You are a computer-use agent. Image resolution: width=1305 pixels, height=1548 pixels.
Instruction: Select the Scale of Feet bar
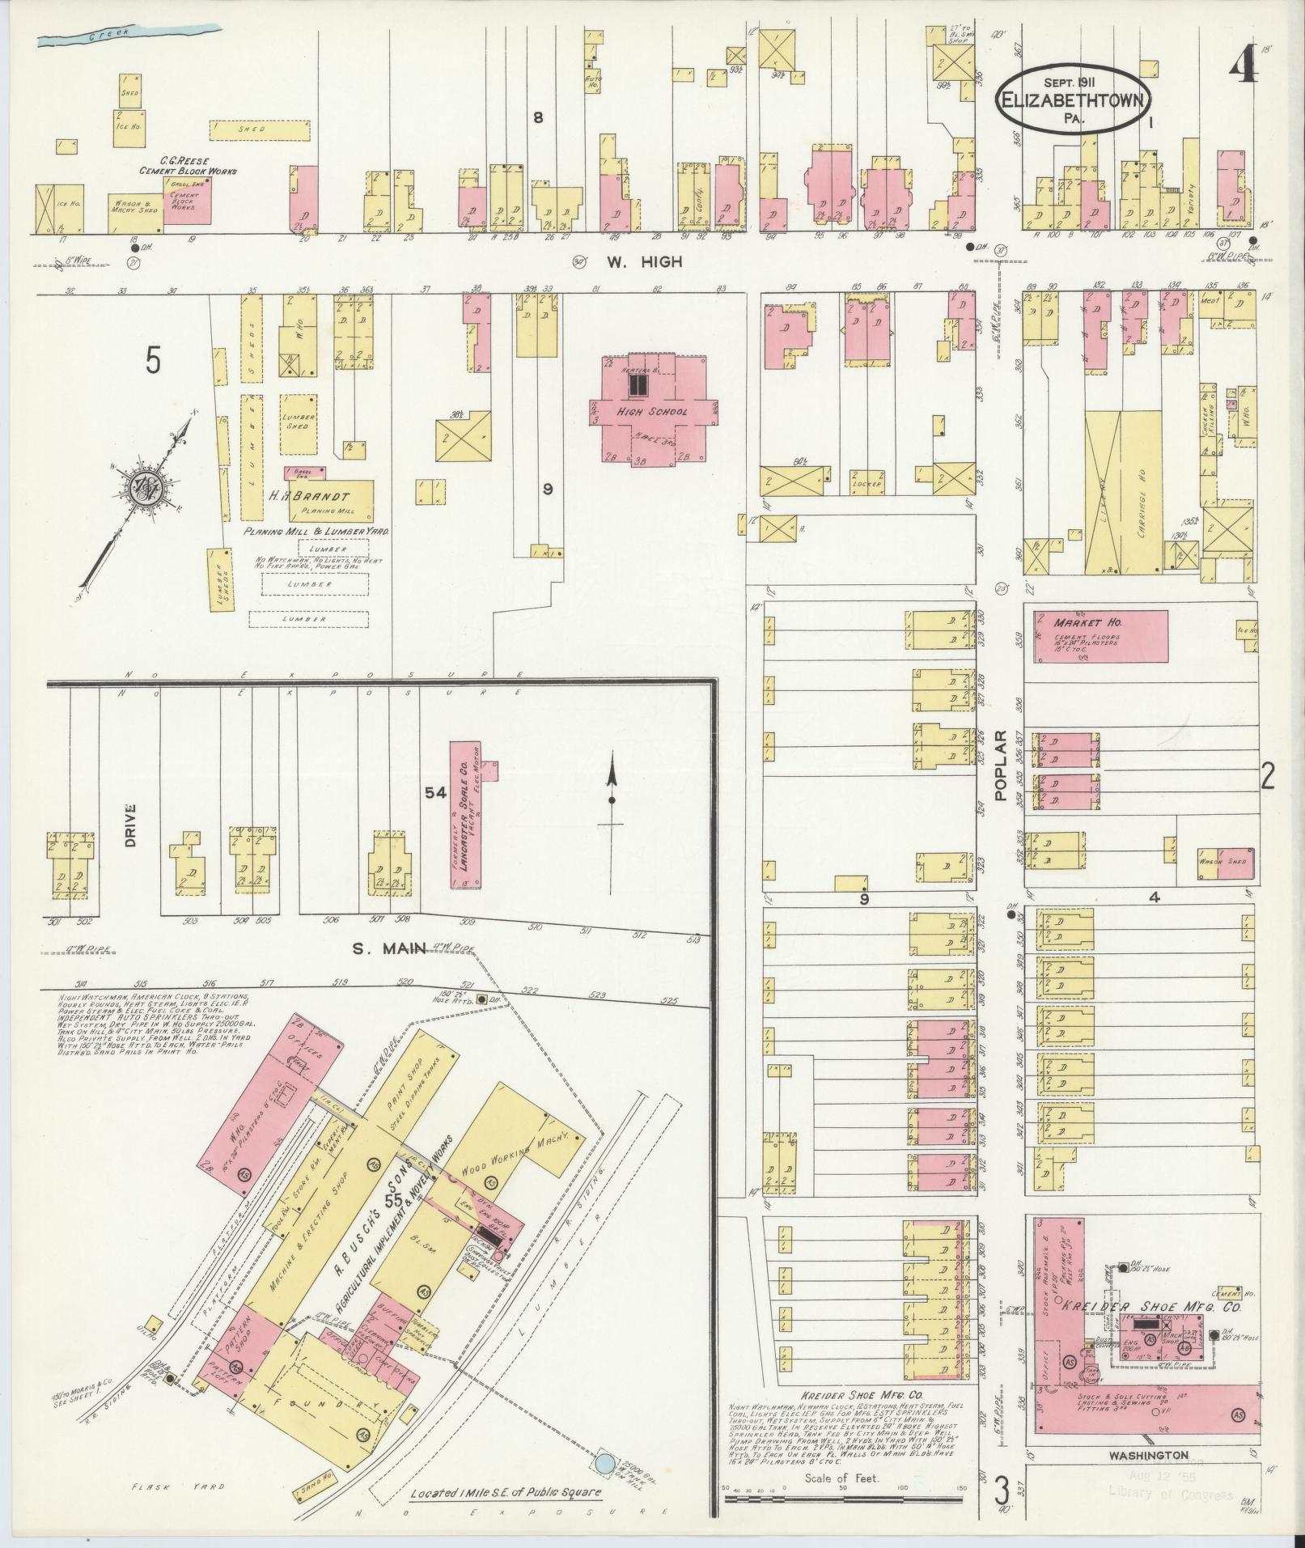point(841,1498)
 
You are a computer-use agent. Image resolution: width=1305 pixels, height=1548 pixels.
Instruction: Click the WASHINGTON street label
point(1148,1454)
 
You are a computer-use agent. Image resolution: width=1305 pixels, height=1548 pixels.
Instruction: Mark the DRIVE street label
point(129,825)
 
